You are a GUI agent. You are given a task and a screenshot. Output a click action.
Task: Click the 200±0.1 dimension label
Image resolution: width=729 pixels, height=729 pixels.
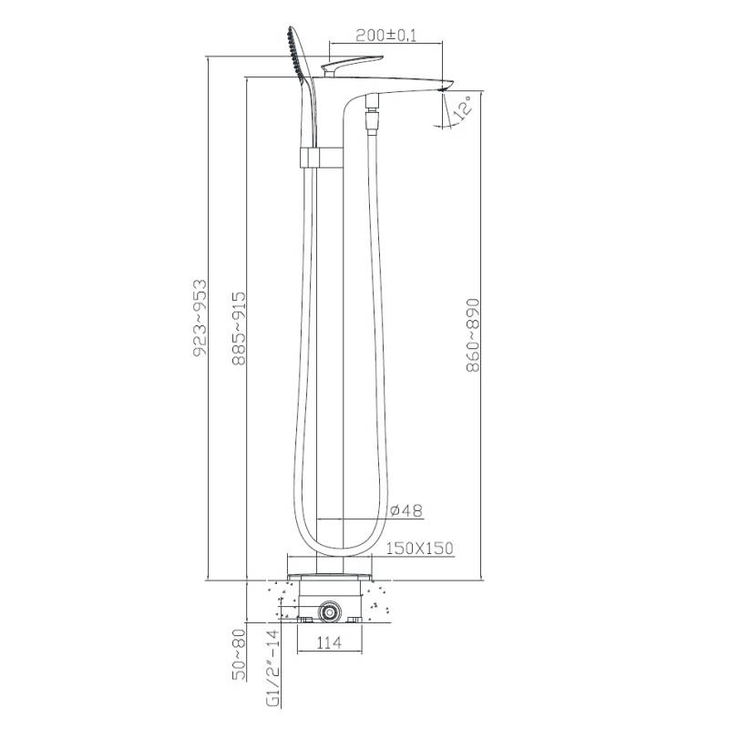(385, 36)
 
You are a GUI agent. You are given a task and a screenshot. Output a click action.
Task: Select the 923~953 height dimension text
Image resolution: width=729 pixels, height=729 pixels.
(200, 318)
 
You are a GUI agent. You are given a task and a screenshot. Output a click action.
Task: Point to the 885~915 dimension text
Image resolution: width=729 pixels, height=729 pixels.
(239, 328)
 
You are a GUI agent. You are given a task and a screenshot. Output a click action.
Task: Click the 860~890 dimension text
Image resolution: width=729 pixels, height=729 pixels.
(473, 335)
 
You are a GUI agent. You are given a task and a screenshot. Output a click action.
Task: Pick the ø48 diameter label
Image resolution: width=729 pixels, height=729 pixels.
(406, 510)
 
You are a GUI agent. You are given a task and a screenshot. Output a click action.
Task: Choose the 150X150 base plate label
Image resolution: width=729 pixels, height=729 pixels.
(419, 549)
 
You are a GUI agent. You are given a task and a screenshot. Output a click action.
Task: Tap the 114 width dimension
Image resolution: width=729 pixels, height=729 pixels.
(329, 643)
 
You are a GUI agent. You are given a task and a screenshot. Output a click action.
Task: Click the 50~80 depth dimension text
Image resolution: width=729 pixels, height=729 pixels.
(239, 654)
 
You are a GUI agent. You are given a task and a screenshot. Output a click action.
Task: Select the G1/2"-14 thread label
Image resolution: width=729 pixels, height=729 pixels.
(274, 668)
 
